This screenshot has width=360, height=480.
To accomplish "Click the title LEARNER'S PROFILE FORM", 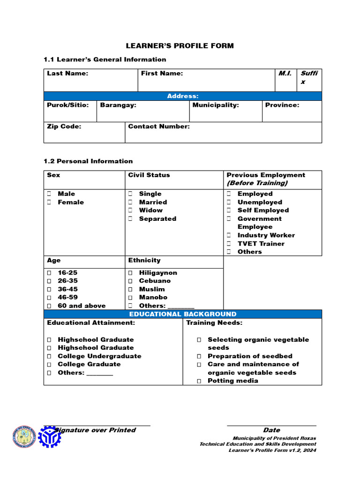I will point(180,46).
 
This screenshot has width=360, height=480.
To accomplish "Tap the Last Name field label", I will point(67,74).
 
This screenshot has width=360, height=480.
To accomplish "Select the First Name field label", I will point(162,74).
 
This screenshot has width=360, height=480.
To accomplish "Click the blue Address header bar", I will point(183,96).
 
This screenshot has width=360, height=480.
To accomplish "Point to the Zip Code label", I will point(64,127).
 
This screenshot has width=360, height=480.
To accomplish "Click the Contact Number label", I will point(159,127).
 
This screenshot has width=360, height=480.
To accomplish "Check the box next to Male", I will point(49,194).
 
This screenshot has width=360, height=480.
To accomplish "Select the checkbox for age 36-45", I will point(49,289).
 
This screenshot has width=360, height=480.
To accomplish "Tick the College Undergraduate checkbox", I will point(49,356).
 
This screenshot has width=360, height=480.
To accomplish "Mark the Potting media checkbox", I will point(199,381).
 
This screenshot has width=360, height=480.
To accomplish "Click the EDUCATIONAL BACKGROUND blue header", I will point(183,314).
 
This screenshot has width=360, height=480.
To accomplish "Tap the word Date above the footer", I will point(271,430).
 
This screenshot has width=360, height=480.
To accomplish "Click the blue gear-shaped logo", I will point(49,437).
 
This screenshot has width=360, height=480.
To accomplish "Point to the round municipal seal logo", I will point(24,437).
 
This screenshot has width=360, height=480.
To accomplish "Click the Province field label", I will point(282,105).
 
